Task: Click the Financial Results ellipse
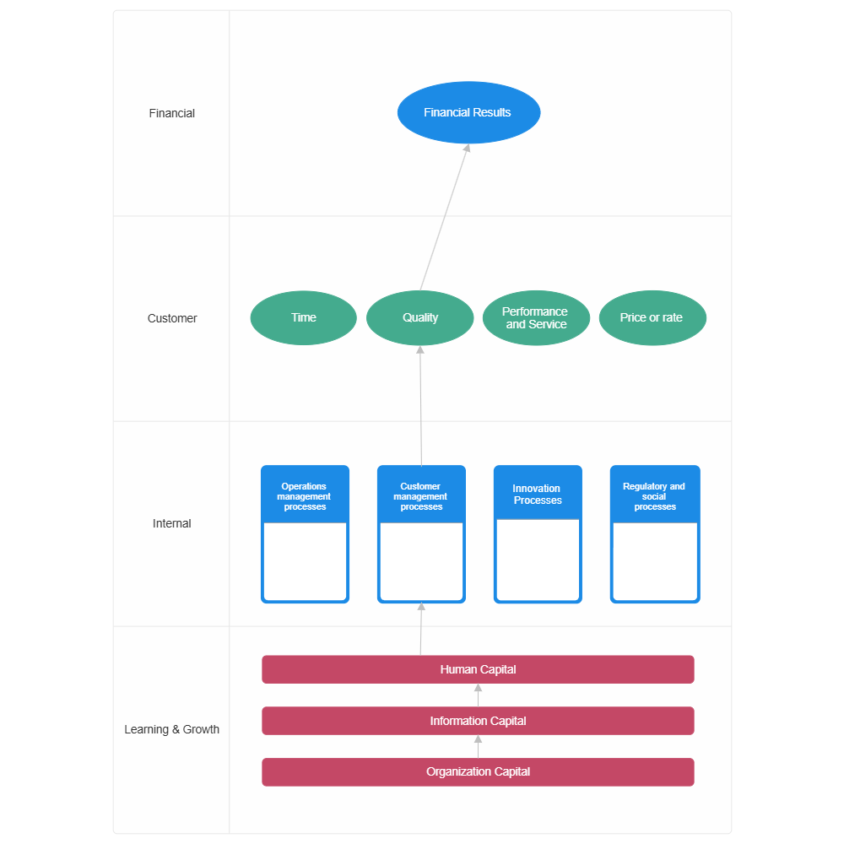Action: click(x=468, y=112)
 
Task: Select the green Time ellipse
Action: click(x=303, y=318)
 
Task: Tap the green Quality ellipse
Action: click(x=419, y=318)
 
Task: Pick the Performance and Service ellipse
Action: click(x=536, y=318)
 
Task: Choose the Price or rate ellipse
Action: click(x=652, y=318)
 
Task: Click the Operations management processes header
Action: click(x=305, y=497)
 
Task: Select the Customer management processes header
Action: click(x=421, y=497)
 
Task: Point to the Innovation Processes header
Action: click(x=538, y=495)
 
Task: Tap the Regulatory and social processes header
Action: click(x=654, y=497)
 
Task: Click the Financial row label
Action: click(x=171, y=113)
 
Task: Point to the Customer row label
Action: click(x=171, y=318)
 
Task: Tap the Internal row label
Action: click(x=171, y=523)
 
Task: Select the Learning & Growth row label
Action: click(x=171, y=729)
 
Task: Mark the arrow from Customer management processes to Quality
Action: click(x=420, y=405)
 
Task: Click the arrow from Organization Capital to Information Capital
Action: click(x=479, y=747)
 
